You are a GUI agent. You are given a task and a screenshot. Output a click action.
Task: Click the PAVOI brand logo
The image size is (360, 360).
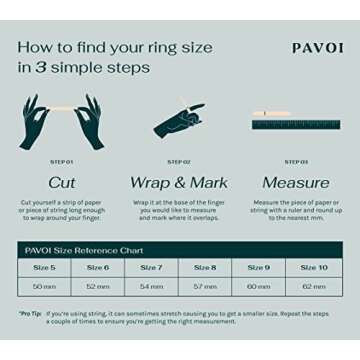[x=317, y=48]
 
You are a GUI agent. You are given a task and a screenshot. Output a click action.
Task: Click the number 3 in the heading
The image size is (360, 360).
[x=40, y=68]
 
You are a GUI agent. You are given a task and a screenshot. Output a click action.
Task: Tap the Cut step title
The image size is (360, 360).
[x=62, y=183]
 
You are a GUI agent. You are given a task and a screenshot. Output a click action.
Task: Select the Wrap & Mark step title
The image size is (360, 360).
[x=179, y=183]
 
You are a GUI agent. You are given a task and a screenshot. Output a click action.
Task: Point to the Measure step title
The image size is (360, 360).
[x=295, y=183]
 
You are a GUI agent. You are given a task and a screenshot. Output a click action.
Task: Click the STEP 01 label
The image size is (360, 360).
[x=62, y=162]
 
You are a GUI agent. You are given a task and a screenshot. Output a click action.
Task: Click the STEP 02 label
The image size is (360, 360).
[x=179, y=162]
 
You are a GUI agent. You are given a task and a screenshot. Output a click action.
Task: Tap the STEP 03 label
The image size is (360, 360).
[x=295, y=162]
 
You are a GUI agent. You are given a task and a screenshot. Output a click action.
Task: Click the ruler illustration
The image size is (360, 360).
[x=296, y=122]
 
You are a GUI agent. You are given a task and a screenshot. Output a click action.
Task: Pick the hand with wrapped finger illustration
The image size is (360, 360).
[x=180, y=121]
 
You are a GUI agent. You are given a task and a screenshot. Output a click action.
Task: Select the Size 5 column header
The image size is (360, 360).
[x=44, y=268]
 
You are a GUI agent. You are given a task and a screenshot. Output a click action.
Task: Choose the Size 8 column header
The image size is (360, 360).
[x=205, y=268]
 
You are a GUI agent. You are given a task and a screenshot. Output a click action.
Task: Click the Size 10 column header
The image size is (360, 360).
[x=314, y=268]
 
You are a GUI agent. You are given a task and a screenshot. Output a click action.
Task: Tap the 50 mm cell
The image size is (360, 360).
[x=44, y=286]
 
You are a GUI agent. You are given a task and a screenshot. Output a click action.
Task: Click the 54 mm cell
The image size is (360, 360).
[x=151, y=286]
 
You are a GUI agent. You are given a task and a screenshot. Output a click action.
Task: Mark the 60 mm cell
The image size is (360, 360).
[x=259, y=286]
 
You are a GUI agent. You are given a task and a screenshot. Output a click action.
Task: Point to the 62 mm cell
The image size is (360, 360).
[x=314, y=286]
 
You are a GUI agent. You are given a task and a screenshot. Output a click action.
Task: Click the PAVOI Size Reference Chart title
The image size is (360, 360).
[x=84, y=250]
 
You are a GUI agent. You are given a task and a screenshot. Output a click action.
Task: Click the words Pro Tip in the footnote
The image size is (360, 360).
[x=30, y=314]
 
